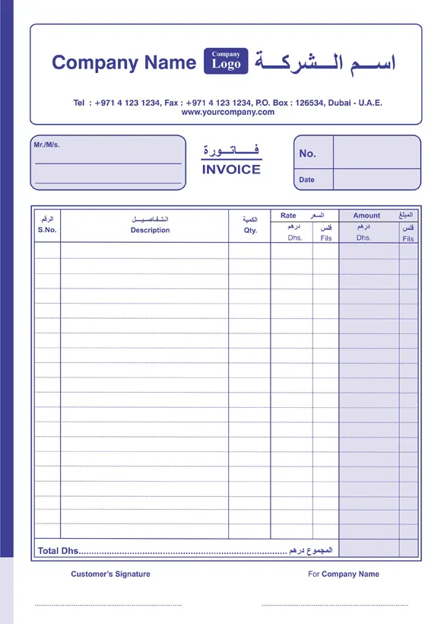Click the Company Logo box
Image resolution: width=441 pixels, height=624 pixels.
(226, 61)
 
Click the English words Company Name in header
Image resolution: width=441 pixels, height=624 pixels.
(124, 62)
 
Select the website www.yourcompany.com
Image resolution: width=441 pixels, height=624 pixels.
(228, 113)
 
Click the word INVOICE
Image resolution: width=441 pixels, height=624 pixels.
(231, 170)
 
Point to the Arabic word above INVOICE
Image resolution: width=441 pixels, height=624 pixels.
(231, 150)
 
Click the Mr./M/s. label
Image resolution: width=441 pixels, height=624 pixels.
(47, 145)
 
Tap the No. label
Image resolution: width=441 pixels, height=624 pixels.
(307, 153)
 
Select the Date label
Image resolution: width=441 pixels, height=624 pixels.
(306, 180)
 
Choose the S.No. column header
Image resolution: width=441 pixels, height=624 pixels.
(47, 230)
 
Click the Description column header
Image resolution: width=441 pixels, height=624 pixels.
(150, 230)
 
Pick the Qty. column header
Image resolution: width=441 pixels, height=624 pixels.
(250, 231)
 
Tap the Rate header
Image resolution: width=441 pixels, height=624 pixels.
(288, 215)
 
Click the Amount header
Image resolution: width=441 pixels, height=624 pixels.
(366, 215)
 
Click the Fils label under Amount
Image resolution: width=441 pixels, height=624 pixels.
(408, 238)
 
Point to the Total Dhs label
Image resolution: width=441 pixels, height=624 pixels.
(58, 551)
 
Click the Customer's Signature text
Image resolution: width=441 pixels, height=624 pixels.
(110, 575)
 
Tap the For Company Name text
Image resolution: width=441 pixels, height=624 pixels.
(344, 575)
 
